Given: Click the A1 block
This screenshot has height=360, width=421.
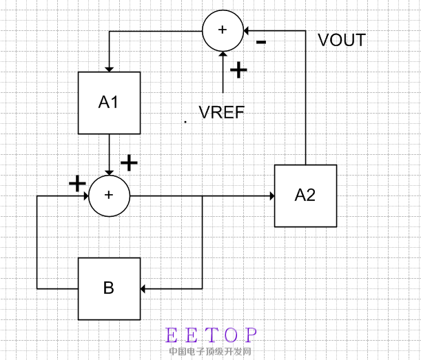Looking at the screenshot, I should [x=109, y=103].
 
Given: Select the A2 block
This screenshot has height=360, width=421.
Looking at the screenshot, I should [x=305, y=195].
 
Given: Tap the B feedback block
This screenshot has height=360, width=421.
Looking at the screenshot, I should [x=109, y=288].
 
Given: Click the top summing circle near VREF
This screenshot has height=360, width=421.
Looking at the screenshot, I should [x=223, y=30].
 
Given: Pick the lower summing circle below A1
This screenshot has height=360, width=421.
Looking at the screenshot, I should [x=108, y=195].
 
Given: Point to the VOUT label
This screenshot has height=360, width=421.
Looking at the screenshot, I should [x=342, y=40].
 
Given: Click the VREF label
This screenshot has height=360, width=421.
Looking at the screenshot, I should [x=221, y=112].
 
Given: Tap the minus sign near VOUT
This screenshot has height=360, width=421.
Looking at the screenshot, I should [x=262, y=41].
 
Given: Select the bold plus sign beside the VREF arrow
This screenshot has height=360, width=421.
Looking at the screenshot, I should [x=238, y=70].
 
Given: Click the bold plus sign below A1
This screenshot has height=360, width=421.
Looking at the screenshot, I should [x=129, y=162].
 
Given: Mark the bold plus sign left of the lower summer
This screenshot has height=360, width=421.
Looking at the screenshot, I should [x=77, y=183].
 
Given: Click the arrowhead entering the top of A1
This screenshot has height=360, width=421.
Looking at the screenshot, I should [x=109, y=67].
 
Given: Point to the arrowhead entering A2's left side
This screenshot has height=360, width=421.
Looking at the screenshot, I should [x=271, y=195].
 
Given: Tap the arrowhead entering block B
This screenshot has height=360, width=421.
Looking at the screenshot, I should [x=145, y=288].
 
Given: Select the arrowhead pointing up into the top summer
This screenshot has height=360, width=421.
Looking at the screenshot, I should [x=223, y=54].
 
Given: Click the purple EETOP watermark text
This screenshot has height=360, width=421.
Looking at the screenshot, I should [x=212, y=336].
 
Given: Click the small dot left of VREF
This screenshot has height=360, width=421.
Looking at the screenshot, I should [x=185, y=121].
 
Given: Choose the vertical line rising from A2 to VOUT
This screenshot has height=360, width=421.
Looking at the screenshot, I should [x=305, y=103].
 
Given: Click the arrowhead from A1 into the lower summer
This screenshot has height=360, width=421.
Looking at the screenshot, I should [x=109, y=171].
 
